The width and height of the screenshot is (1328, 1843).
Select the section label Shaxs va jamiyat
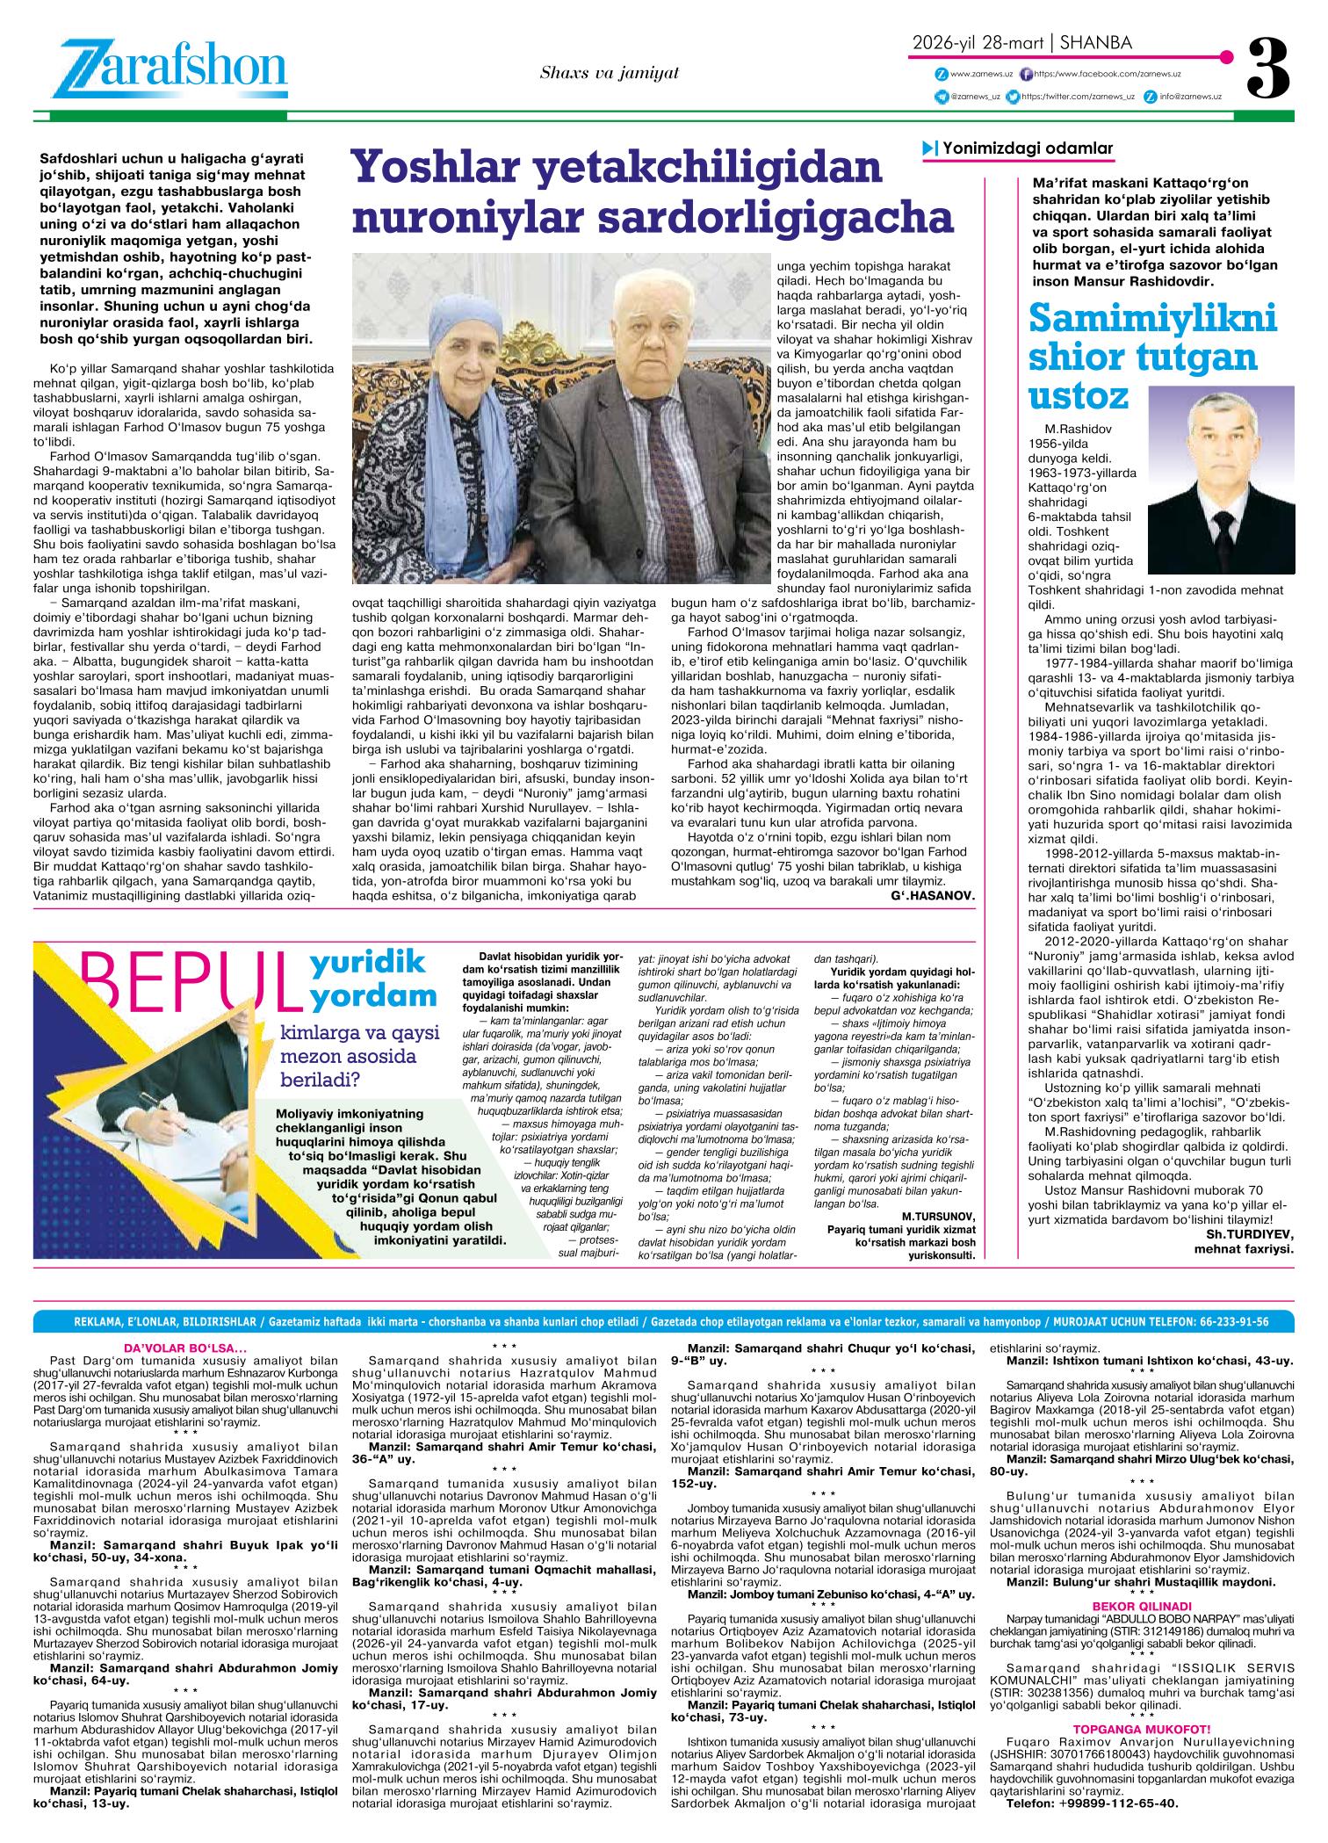(610, 73)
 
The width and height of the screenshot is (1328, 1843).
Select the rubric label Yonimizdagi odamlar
(1027, 148)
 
